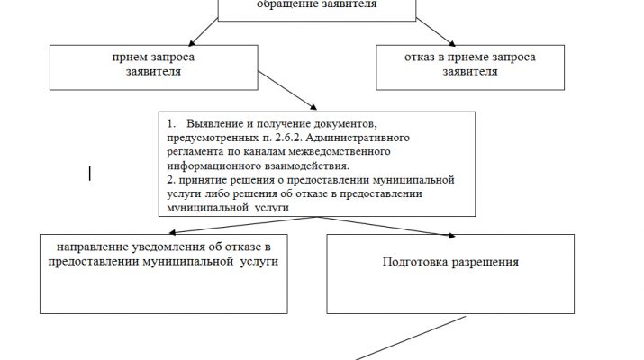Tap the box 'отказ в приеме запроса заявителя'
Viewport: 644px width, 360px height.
click(470, 67)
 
